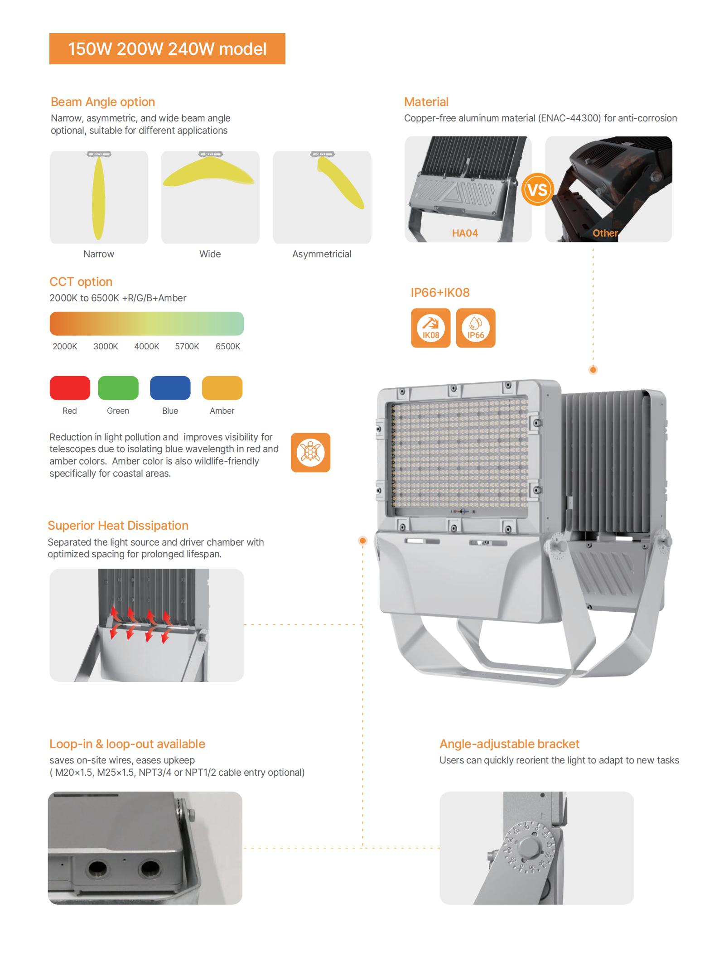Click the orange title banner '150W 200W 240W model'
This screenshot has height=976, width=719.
167,48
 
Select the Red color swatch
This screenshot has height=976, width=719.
70,388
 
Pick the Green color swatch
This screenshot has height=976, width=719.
118,388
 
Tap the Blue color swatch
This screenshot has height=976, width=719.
170,388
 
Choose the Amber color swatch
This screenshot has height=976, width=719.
222,388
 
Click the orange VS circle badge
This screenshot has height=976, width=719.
538,189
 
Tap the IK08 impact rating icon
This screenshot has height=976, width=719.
431,328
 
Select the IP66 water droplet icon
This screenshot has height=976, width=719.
476,328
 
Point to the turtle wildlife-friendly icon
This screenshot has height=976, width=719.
310,453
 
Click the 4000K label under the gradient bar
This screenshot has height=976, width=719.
147,347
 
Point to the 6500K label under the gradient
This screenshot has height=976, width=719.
228,347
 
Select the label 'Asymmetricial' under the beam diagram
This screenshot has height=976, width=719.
322,254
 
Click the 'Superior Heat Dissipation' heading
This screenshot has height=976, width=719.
118,526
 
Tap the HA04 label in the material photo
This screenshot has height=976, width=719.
465,233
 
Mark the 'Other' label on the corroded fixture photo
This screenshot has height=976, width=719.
605,233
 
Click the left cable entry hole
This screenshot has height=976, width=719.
98,869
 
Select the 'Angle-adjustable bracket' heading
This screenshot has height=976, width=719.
509,744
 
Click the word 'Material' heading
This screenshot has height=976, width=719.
426,102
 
